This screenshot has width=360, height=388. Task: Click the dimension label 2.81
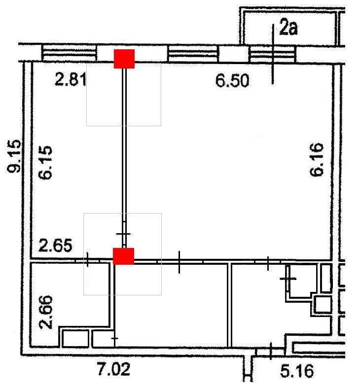71,79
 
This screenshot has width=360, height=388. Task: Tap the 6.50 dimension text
232,80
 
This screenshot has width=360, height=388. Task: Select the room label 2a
288,27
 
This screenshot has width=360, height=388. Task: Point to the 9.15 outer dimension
14,156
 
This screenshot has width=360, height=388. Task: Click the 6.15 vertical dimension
45,162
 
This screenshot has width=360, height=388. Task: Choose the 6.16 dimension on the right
317,159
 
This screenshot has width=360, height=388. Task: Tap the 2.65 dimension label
55,245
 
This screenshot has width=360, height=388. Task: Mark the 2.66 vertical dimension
46,312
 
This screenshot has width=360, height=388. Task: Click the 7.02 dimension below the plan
113,369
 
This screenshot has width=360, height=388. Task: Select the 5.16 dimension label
297,371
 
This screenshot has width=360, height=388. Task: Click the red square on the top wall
124,59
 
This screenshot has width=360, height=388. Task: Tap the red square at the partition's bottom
124,256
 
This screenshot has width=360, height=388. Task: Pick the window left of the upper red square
69,53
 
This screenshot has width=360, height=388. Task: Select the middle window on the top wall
193,54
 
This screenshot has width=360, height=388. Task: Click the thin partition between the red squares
124,158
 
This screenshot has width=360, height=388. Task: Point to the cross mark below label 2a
273,54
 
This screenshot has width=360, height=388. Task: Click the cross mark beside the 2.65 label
87,260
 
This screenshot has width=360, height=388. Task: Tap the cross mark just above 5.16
271,351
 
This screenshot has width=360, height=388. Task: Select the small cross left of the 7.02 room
114,338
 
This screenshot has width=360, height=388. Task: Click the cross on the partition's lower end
123,234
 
